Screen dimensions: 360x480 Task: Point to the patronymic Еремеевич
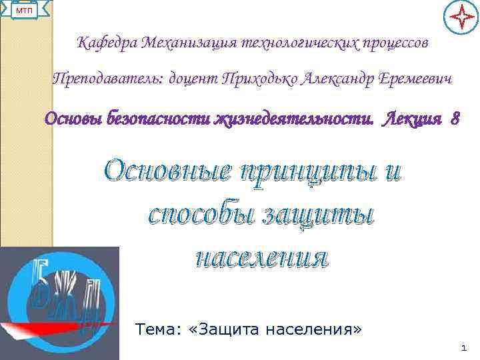click(x=415, y=80)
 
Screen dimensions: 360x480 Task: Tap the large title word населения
click(x=261, y=256)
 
